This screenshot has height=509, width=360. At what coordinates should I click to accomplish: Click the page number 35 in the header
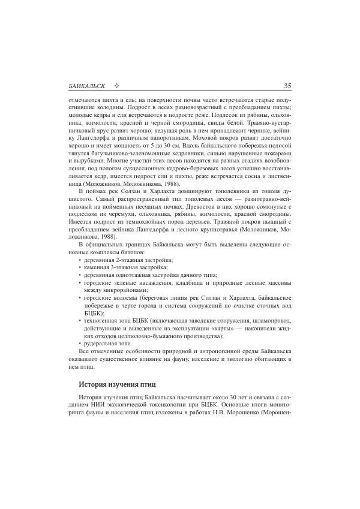point(287,86)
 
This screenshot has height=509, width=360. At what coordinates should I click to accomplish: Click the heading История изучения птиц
point(118,383)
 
